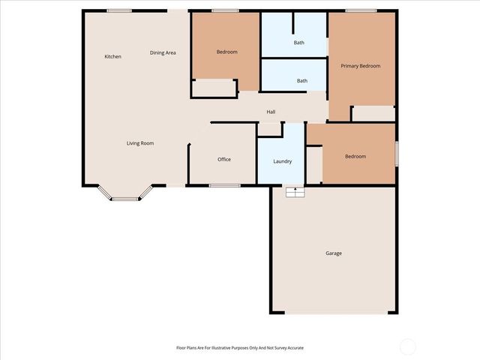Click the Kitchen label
click(x=112, y=57)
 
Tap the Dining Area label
click(x=163, y=52)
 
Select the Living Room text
click(x=140, y=142)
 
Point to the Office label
click(x=223, y=160)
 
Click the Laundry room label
click(x=282, y=161)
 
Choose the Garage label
click(x=334, y=253)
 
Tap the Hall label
click(x=271, y=112)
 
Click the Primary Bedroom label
click(x=361, y=66)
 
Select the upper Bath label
click(x=299, y=43)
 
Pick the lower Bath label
click(x=301, y=81)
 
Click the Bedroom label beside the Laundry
click(x=355, y=156)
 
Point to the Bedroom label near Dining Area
click(x=226, y=52)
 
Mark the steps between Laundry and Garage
click(x=295, y=192)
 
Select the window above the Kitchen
click(x=119, y=10)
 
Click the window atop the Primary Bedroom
click(x=361, y=10)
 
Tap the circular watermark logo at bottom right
click(x=407, y=346)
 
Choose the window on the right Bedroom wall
click(x=397, y=153)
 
